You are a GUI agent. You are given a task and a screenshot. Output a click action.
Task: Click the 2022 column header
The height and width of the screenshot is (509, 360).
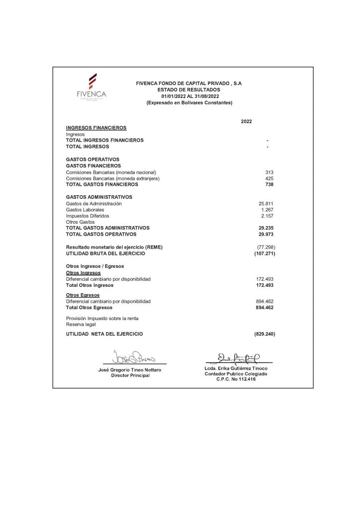246,121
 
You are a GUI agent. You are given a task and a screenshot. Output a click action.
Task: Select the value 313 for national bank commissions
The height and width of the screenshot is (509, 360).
270,172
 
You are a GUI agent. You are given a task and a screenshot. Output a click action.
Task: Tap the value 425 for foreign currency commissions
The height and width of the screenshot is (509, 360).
270,178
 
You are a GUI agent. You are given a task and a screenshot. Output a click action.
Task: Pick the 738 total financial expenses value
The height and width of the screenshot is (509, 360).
270,184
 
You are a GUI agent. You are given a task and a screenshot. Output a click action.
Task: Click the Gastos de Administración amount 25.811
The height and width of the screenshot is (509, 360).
266,203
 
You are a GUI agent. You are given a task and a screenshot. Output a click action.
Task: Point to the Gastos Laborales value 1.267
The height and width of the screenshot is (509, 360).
268,210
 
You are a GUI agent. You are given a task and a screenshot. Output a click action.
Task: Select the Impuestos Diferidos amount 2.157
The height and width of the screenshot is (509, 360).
268,216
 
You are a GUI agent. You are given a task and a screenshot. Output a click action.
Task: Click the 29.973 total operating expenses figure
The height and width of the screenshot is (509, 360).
266,234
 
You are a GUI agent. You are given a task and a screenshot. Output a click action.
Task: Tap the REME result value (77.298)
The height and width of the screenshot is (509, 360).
266,247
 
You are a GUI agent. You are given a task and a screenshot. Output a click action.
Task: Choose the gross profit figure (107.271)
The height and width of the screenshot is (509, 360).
265,254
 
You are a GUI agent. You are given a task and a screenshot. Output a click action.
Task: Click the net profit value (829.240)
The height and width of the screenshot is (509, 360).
265,334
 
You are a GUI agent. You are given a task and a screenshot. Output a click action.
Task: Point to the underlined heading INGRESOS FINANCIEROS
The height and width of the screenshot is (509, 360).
96,128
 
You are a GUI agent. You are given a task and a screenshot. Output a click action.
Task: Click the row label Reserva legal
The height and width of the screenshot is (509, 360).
81,324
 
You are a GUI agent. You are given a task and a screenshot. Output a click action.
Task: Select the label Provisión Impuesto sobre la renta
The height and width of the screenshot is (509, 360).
102,318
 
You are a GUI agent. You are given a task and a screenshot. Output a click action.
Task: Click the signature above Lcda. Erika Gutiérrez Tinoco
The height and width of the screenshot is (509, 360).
238,357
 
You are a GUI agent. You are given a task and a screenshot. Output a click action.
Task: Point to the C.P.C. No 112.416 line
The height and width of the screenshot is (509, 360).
236,379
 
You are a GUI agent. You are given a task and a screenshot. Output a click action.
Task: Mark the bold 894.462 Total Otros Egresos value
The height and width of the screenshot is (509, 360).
265,308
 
